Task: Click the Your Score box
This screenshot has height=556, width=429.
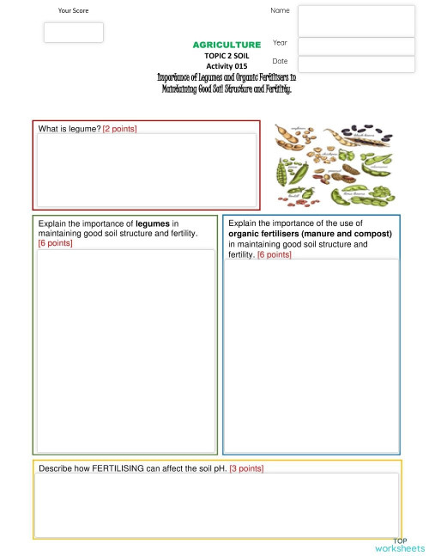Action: (74, 33)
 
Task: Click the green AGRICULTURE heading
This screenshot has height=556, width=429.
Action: (227, 44)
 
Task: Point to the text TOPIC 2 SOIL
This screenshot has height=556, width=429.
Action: (227, 54)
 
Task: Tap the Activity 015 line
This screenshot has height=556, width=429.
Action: (227, 64)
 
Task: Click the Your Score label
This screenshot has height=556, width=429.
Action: (73, 10)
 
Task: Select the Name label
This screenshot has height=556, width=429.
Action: (280, 10)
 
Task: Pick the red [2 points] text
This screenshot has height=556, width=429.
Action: (119, 129)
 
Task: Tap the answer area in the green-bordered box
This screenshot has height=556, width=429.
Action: (125, 348)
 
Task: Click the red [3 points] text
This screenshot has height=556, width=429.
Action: (246, 468)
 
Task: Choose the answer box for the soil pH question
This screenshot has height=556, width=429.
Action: (216, 504)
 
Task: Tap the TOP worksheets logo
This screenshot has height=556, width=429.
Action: (399, 544)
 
